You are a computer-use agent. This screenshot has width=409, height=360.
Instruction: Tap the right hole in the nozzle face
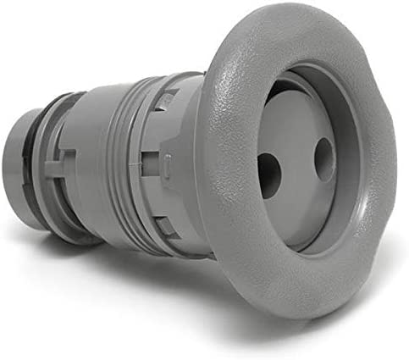click(x=324, y=158)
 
